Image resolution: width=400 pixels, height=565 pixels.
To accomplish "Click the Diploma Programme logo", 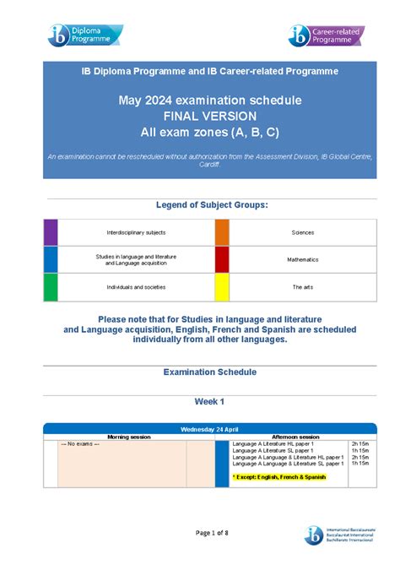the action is point(85,35).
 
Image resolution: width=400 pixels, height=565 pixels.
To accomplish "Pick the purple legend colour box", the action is point(51,231).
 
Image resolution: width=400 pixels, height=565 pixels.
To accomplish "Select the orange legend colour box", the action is point(222,231).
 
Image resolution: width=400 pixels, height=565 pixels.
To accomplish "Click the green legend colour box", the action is point(51,287).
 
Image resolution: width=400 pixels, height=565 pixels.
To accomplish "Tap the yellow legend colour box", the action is point(222,287).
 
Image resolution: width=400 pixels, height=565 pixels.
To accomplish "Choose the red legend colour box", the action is point(222,259).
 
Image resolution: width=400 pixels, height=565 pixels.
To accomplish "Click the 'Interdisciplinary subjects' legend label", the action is point(136,231).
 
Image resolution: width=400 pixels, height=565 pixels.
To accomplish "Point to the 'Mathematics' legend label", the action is point(302,259).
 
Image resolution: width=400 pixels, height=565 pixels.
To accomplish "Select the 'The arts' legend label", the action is point(302,287).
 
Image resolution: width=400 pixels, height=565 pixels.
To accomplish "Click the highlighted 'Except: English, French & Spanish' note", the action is point(278,477).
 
